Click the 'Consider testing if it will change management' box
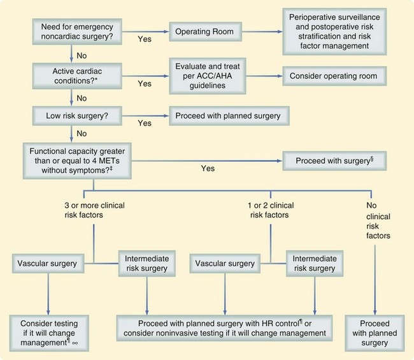point(50,329)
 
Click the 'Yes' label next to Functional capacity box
point(208,169)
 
